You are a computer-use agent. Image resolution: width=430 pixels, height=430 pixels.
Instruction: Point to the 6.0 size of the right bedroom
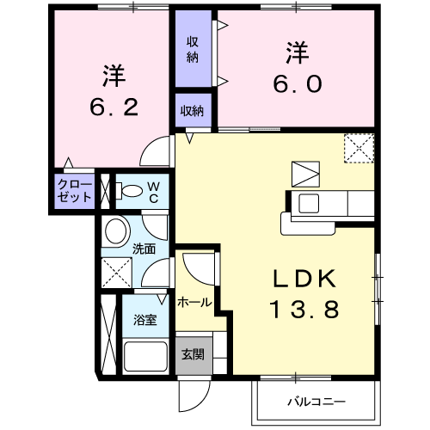298,83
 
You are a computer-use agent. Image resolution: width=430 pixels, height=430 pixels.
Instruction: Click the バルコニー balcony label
316,402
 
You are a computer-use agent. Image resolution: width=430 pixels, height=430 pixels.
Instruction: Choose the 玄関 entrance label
193,354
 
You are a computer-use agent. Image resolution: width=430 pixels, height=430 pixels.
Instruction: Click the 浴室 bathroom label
144,320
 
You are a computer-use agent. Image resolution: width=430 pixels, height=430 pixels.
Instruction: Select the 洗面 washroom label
144,249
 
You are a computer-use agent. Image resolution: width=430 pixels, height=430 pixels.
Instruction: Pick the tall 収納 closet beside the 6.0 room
193,49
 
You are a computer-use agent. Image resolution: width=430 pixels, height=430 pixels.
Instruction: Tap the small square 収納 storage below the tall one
193,109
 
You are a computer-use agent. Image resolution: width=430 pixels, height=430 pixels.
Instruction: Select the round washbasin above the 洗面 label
115,230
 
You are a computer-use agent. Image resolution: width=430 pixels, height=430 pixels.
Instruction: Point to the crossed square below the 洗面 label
116,274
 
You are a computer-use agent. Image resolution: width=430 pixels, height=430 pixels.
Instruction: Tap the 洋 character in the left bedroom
113,75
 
